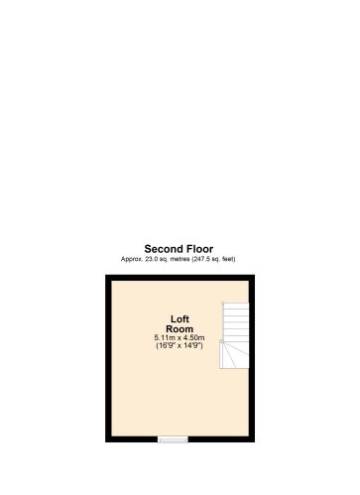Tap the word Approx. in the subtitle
(x=132, y=259)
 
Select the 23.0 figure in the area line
(x=152, y=259)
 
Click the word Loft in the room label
(x=180, y=318)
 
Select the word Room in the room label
(x=180, y=328)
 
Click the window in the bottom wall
(x=173, y=437)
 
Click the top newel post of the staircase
(x=224, y=304)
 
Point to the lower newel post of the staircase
(x=224, y=342)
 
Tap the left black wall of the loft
(x=108, y=357)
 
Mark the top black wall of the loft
(x=180, y=277)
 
